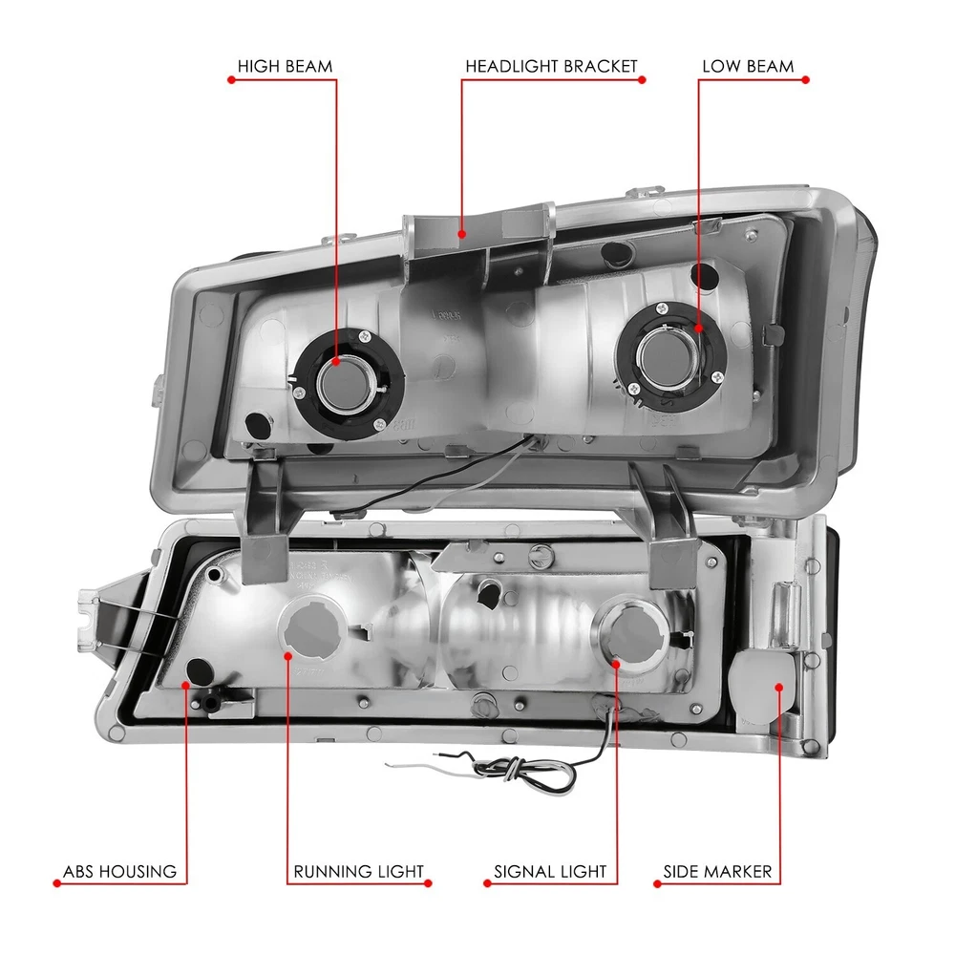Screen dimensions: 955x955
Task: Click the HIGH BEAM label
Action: (x=285, y=67)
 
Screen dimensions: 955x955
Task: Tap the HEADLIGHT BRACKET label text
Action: (x=551, y=67)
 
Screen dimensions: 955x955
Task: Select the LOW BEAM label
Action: (x=748, y=67)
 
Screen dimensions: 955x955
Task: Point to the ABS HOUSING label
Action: (x=119, y=871)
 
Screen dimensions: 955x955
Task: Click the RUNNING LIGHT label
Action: (x=358, y=871)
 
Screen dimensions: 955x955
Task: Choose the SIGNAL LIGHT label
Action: (x=550, y=871)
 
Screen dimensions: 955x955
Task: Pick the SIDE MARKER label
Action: (x=717, y=871)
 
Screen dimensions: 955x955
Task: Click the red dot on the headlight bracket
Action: (x=462, y=232)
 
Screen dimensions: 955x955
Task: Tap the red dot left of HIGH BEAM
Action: (x=231, y=81)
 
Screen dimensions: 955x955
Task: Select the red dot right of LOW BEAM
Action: (x=805, y=81)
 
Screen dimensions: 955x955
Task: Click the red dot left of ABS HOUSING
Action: (x=56, y=883)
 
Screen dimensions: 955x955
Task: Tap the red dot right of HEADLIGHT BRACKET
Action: (x=643, y=81)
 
